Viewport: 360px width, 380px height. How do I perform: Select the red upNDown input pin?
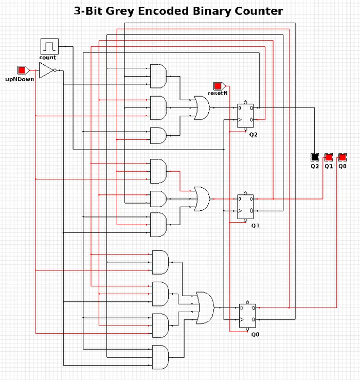pos(22,69)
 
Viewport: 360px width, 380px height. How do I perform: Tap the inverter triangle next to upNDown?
pos(46,71)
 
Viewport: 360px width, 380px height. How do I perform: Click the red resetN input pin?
pos(218,85)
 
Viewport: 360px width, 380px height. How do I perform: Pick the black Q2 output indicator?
pos(315,156)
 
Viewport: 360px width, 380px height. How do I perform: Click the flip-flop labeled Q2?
pos(245,115)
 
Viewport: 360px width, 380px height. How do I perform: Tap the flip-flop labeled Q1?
pos(245,207)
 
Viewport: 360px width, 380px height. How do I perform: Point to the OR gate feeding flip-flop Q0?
pos(205,308)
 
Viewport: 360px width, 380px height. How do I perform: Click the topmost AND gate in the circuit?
pos(158,77)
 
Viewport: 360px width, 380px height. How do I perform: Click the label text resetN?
pos(218,94)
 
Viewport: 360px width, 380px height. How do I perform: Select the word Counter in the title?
pos(256,11)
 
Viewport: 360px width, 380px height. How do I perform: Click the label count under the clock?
pos(48,57)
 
